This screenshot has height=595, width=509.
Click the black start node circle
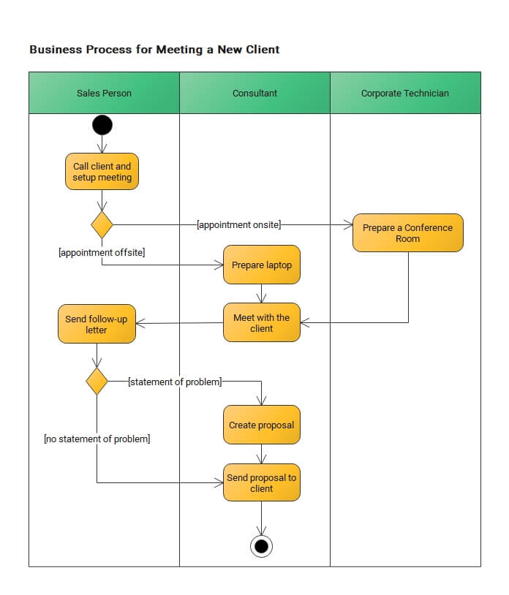coord(102,125)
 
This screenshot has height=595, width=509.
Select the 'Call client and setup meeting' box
coord(102,172)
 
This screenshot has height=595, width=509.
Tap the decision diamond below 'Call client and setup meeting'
coord(102,224)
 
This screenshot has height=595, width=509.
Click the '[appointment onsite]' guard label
coord(238,224)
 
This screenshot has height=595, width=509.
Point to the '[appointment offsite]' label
coord(102,252)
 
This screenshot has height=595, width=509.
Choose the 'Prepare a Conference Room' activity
coord(407,233)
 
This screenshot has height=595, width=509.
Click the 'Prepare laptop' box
coord(262,265)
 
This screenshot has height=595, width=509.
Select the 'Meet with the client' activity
coord(262,322)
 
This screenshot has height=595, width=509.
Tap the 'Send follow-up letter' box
coord(97,324)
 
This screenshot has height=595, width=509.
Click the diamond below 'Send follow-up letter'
coord(97,381)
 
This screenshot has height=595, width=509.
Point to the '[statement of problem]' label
coord(175,382)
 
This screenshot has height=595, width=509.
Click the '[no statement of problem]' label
coord(97,439)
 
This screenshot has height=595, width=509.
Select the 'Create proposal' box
coord(262,425)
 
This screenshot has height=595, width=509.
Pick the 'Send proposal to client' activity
coord(262,482)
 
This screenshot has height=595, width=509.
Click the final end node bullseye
coord(262,547)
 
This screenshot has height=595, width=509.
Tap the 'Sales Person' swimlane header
coord(104,93)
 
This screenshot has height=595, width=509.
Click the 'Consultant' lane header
coord(254,93)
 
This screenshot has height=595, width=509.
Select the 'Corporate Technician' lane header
coord(405,93)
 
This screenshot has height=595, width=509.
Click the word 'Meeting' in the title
coord(179,50)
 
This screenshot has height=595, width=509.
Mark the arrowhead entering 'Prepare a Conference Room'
coord(348,224)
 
